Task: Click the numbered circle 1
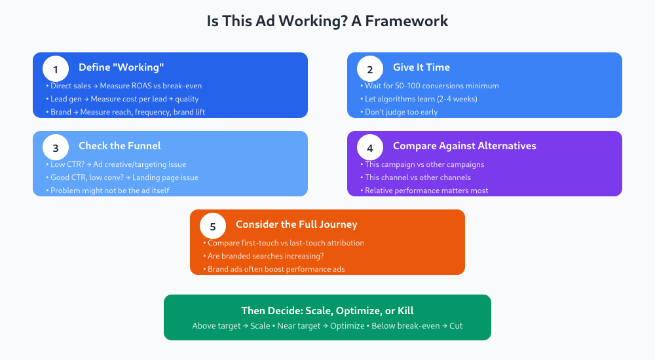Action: pyautogui.click(x=56, y=69)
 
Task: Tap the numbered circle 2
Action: pyautogui.click(x=370, y=69)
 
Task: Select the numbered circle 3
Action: pyautogui.click(x=56, y=147)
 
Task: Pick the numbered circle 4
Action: pyautogui.click(x=370, y=147)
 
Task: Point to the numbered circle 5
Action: pyautogui.click(x=213, y=226)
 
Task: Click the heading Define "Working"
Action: pyautogui.click(x=121, y=67)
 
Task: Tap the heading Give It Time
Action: pyautogui.click(x=421, y=67)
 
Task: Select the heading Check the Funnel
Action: pyautogui.click(x=120, y=146)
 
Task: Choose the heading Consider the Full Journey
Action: pyautogui.click(x=297, y=225)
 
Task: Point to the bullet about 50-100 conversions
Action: pyautogui.click(x=431, y=86)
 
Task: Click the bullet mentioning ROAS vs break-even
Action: pyautogui.click(x=124, y=86)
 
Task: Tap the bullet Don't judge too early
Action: pyautogui.click(x=402, y=112)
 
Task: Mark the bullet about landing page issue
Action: pyautogui.click(x=124, y=177)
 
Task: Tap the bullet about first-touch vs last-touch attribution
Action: pyautogui.click(x=284, y=243)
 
